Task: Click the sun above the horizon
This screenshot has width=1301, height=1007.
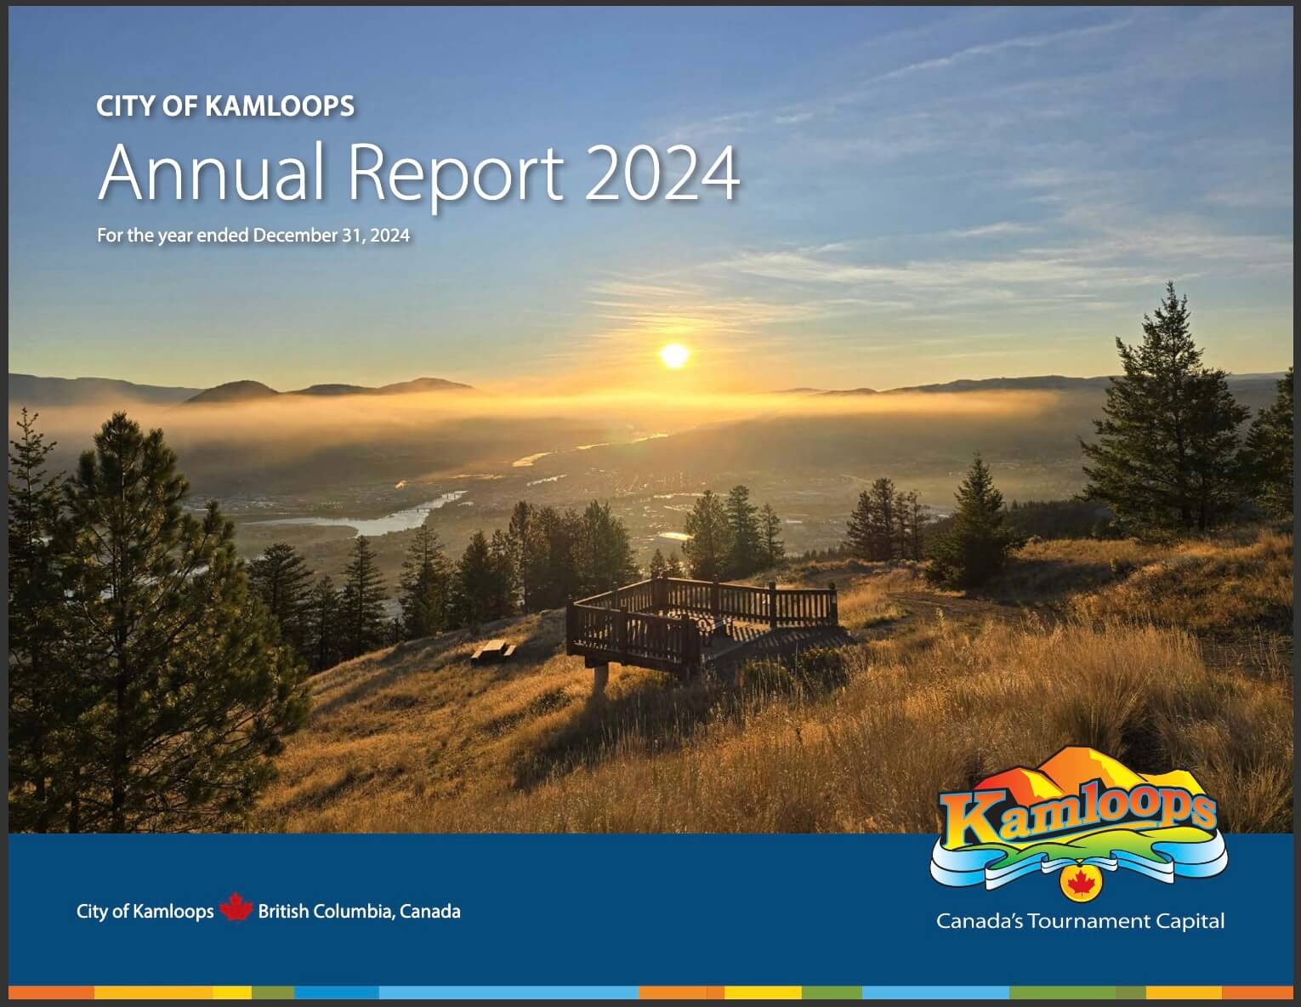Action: click(674, 356)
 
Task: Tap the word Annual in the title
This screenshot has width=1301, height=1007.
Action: click(212, 174)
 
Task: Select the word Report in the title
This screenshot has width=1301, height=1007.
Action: click(455, 175)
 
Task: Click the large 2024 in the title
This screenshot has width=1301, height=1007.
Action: click(662, 174)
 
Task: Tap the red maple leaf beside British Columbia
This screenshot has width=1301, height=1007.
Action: click(236, 909)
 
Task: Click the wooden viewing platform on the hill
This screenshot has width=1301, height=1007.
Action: click(702, 617)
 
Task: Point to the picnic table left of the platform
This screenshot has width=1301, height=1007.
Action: click(493, 651)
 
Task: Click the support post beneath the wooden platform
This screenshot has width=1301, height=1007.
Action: click(601, 679)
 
